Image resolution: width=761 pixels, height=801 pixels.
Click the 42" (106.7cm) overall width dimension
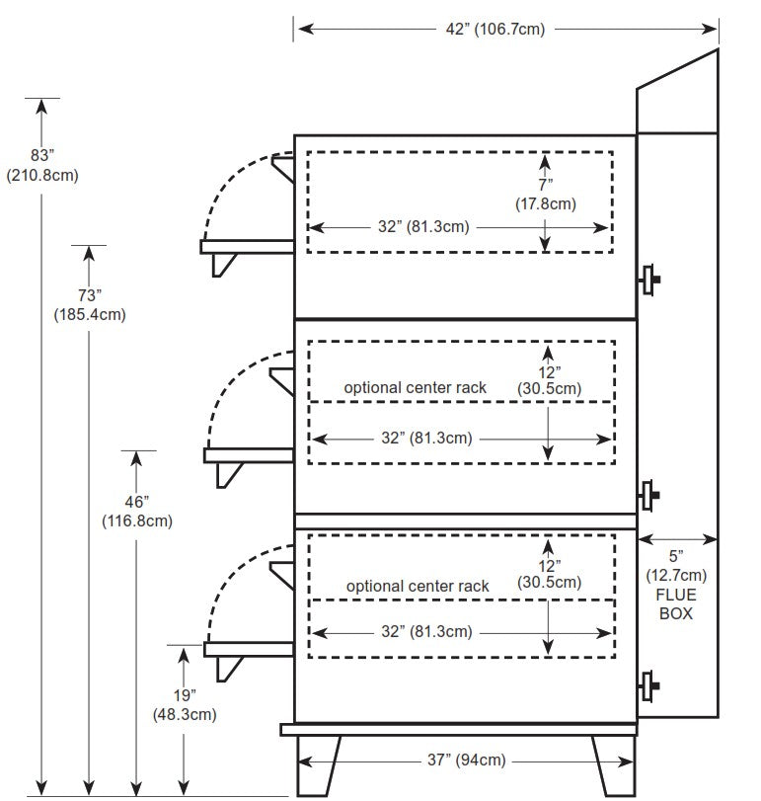point(495,29)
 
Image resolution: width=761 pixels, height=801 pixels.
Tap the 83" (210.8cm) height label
point(42,166)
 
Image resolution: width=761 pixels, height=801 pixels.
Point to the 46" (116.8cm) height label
point(137,511)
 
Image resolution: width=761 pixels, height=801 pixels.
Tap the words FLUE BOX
point(677,603)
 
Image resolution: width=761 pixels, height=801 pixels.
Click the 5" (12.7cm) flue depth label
point(677,566)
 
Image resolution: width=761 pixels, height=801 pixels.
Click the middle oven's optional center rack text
point(415,387)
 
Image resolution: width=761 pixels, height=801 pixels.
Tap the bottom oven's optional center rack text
point(418,586)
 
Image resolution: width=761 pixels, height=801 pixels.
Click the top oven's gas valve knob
point(650,280)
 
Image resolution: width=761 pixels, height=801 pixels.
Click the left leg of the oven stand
point(319,763)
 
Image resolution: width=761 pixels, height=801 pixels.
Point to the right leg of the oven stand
point(611,763)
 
